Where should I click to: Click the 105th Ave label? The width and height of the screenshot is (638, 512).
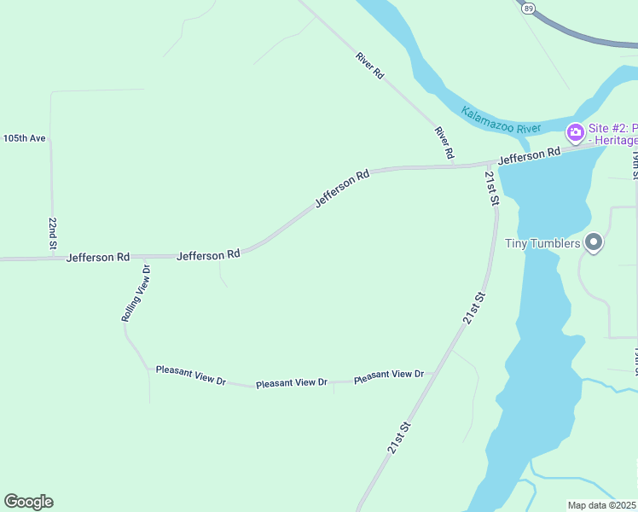24,138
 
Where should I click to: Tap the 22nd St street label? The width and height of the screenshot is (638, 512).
53,234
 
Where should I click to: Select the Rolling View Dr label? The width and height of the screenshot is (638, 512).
136,293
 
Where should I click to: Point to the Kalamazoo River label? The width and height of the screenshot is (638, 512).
501,119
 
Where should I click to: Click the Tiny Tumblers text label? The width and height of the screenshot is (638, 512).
542,243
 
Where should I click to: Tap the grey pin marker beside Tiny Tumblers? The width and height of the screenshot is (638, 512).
594,243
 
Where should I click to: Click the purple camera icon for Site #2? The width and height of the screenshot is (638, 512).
575,131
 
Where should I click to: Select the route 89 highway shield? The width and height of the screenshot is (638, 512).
529,7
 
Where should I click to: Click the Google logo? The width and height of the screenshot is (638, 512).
28,502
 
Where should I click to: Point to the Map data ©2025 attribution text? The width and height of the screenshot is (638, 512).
602,505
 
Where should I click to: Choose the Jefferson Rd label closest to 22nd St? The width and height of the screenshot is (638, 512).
98,256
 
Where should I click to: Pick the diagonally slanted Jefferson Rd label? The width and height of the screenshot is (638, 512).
342,189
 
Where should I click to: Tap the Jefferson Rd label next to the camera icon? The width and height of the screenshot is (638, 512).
529,155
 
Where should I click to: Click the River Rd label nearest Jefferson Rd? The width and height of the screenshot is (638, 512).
444,143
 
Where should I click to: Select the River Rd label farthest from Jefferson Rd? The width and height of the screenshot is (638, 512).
369,67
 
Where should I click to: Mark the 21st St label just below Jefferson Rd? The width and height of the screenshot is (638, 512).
491,189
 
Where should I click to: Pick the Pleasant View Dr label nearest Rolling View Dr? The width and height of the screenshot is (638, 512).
190,375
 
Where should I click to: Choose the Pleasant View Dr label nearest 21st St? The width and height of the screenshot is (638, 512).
388,375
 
